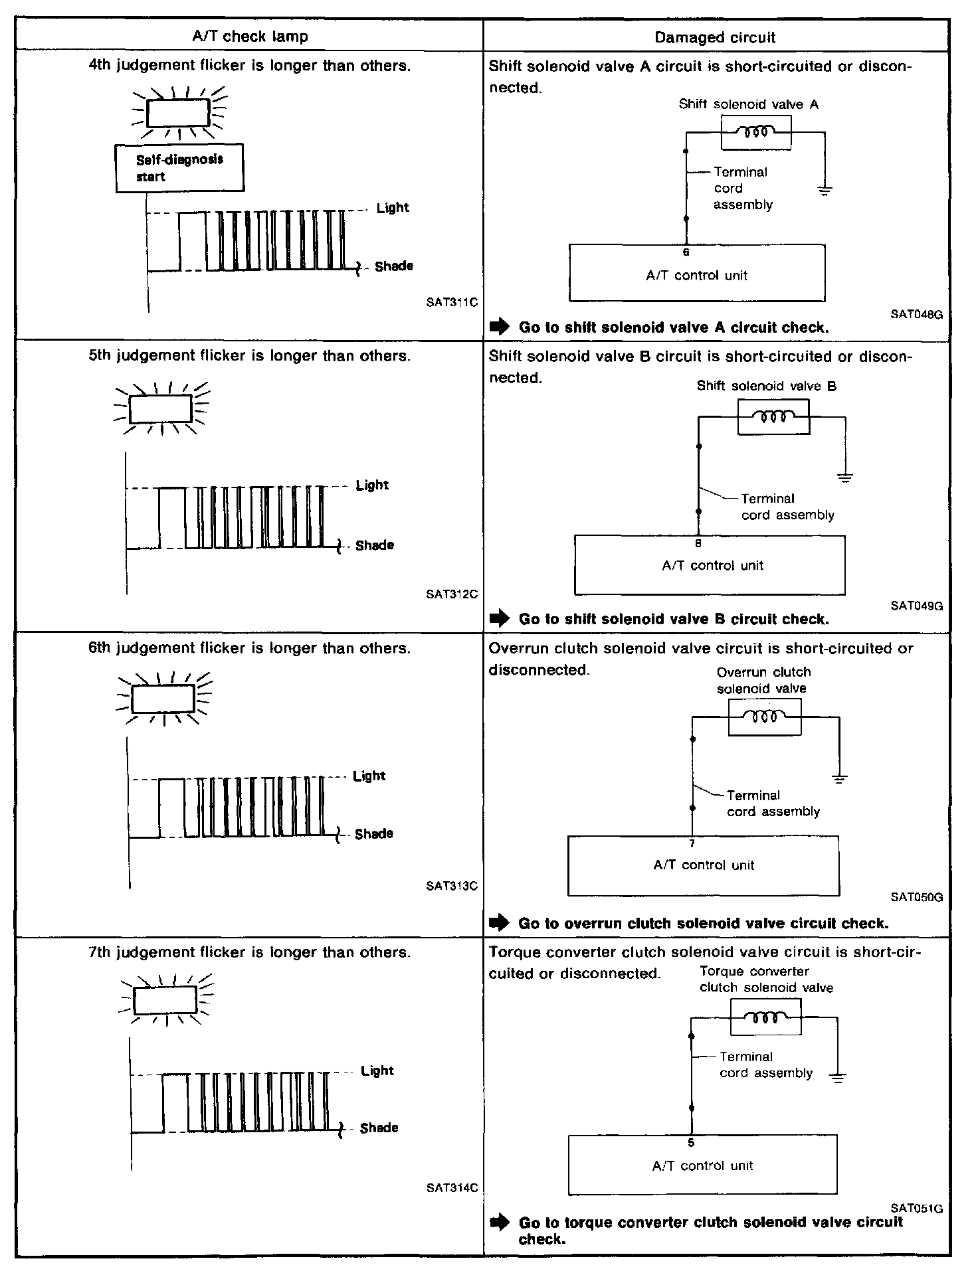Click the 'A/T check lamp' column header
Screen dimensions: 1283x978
point(250,37)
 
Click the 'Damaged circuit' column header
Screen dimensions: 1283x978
point(715,37)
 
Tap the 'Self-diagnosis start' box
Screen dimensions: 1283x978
point(179,168)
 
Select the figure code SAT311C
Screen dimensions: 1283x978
point(452,303)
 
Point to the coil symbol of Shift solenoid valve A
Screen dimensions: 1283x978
point(756,132)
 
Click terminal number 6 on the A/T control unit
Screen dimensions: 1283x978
point(686,252)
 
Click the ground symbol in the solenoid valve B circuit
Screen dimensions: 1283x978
point(845,477)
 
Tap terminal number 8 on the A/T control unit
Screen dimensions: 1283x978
point(698,543)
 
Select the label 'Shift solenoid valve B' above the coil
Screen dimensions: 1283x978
point(766,386)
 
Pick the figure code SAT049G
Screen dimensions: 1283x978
point(917,606)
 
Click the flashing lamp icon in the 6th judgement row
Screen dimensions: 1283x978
point(163,697)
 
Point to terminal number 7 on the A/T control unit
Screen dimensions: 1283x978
point(692,843)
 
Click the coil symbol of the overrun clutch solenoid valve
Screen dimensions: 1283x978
point(765,717)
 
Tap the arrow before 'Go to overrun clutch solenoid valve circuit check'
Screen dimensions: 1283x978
point(498,923)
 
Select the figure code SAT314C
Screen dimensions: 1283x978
point(452,1188)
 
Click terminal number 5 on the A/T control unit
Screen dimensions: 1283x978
point(691,1143)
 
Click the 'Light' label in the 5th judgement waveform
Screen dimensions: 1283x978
point(372,485)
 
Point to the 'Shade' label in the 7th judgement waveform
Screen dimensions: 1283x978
point(379,1128)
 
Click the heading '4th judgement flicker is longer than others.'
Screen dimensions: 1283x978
point(250,66)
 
